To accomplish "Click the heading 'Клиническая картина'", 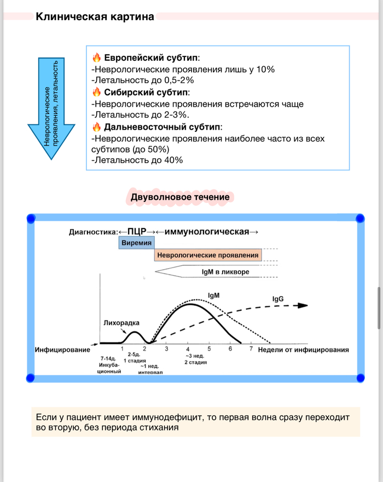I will pyautogui.click(x=95, y=17).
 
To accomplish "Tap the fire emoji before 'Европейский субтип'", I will pyautogui.click(x=96, y=57).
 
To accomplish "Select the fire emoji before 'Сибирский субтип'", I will pyautogui.click(x=96, y=92).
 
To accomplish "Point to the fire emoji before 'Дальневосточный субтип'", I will pyautogui.click(x=96, y=126).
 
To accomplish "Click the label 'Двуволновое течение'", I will pyautogui.click(x=180, y=197).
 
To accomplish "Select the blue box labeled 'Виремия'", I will pyautogui.click(x=136, y=242).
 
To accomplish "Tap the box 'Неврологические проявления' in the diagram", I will pyautogui.click(x=207, y=255).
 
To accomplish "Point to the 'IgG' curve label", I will pyautogui.click(x=278, y=299).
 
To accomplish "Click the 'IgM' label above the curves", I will pyautogui.click(x=214, y=295).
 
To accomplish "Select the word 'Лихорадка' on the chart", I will pyautogui.click(x=120, y=323).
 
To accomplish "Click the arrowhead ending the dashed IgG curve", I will pyautogui.click(x=302, y=306).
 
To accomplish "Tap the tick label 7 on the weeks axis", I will pyautogui.click(x=251, y=349).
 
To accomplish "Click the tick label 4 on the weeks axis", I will pyautogui.click(x=188, y=349).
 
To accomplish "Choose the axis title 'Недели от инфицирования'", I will pyautogui.click(x=303, y=350).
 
